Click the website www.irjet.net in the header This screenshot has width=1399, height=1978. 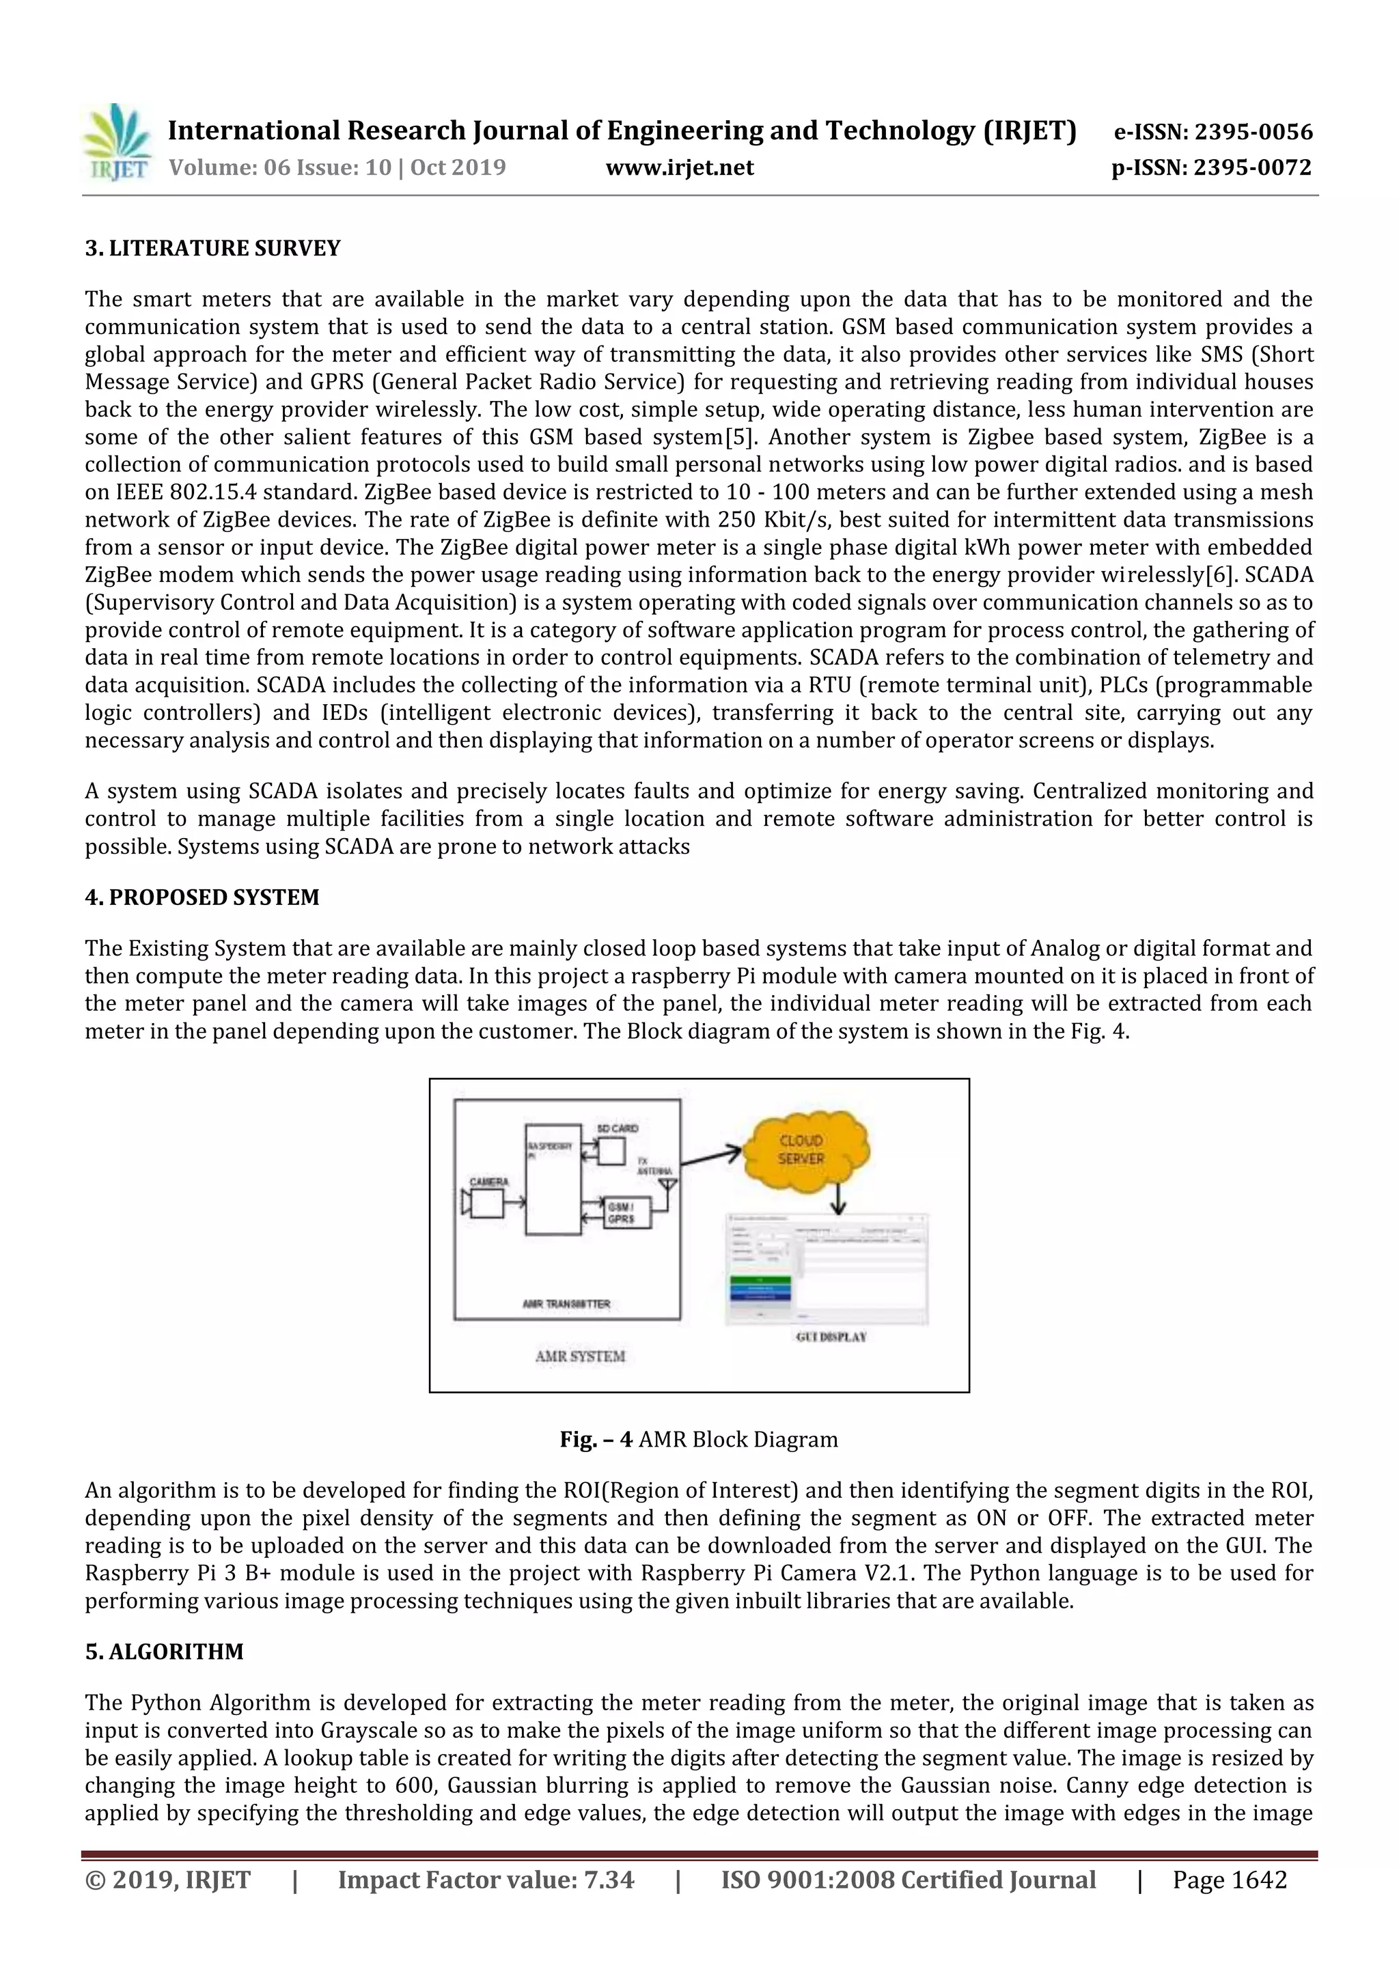tap(679, 167)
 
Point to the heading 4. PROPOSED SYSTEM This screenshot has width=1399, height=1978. tap(202, 897)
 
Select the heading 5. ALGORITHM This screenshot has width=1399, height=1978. tap(164, 1651)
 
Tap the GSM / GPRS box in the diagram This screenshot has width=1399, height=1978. tap(626, 1213)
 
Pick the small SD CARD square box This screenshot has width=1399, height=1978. tap(611, 1152)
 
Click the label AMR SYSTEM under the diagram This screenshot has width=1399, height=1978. tap(580, 1355)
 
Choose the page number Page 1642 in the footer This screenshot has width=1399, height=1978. tap(1230, 1879)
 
